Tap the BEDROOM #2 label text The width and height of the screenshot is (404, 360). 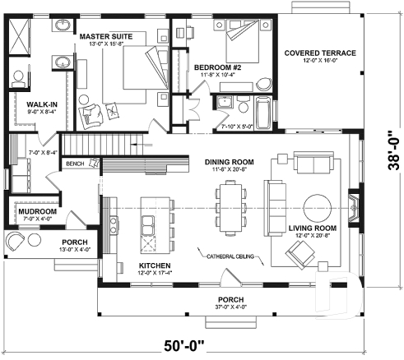[216, 67]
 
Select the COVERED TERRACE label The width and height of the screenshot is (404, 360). [320, 53]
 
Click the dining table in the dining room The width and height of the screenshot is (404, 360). [230, 203]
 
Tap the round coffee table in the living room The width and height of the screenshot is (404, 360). [316, 205]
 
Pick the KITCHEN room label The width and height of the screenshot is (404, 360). [154, 266]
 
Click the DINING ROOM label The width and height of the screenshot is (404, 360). [230, 162]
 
